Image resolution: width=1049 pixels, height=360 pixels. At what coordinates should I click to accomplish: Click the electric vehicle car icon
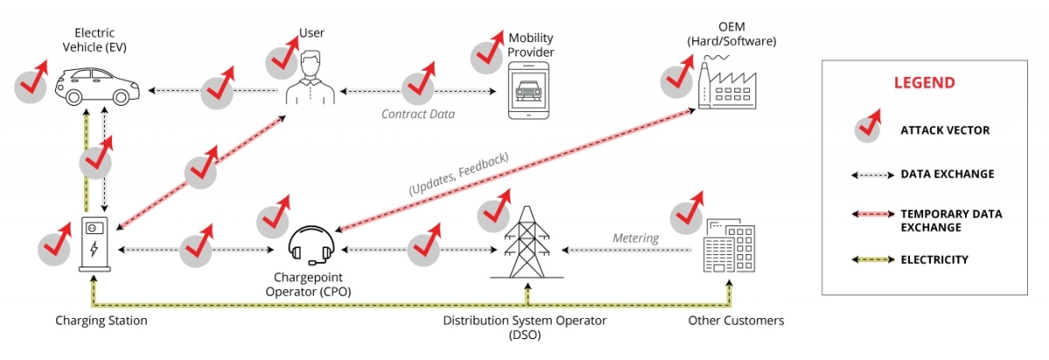(x=99, y=86)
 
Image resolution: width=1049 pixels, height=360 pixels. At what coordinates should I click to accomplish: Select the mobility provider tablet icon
(x=531, y=91)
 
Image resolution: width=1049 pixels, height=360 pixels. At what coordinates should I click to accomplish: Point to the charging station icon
(x=94, y=244)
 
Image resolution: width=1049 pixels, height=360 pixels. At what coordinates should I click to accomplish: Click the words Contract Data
(x=419, y=114)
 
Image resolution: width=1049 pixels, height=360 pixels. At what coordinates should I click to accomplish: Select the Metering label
(x=635, y=238)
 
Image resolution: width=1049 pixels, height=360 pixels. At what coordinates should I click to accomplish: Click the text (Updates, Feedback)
(x=458, y=174)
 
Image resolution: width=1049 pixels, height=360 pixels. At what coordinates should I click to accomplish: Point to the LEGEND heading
(x=924, y=83)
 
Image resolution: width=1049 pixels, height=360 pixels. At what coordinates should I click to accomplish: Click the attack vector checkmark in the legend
(x=868, y=129)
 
